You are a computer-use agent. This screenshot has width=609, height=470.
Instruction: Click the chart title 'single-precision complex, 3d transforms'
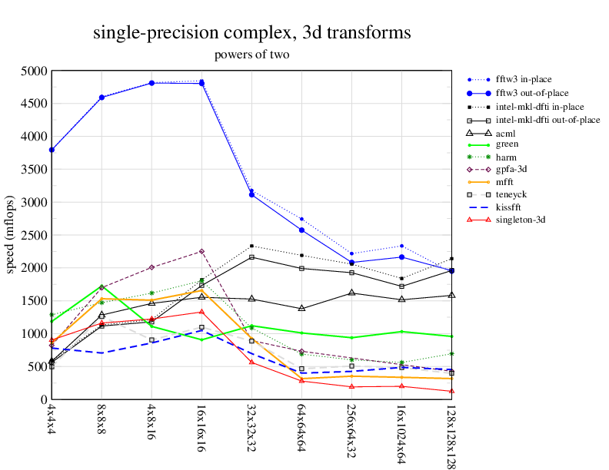(251, 33)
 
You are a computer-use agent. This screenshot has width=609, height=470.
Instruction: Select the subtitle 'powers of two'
(251, 55)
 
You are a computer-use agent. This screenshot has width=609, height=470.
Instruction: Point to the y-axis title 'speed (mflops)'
(11, 235)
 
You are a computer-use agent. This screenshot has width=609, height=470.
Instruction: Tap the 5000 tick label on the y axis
(34, 71)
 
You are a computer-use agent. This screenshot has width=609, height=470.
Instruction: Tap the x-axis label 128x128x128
(451, 435)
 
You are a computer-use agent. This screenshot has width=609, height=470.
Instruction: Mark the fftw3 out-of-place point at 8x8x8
(101, 98)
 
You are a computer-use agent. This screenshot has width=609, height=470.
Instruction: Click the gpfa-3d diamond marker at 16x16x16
(201, 251)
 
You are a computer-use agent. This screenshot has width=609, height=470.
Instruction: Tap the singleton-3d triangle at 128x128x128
(451, 391)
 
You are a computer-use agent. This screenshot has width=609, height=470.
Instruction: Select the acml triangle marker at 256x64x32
(351, 293)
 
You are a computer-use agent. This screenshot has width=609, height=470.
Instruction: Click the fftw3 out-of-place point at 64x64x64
(301, 230)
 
